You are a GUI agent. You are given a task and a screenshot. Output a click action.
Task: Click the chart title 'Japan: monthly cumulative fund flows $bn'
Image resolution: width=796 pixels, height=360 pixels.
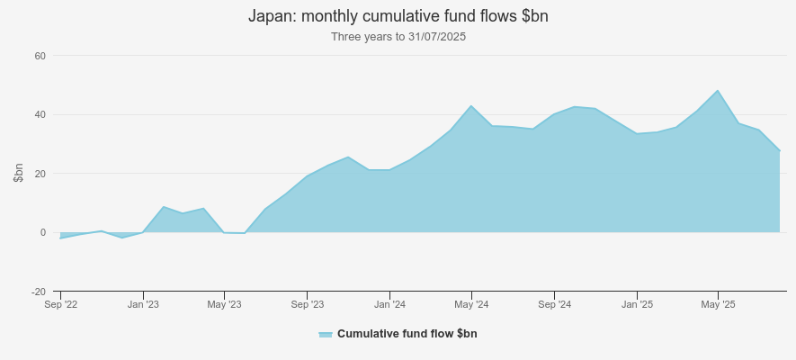coord(398,16)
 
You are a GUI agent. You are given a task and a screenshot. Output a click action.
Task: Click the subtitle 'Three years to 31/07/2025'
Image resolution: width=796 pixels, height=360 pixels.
coord(398,37)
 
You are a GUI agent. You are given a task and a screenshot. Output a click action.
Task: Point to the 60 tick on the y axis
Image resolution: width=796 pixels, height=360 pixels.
coord(40,56)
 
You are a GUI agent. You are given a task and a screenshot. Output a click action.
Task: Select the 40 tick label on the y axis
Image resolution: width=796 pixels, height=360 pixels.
coord(40,114)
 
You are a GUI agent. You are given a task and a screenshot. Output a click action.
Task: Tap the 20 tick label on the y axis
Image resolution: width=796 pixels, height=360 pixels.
coord(40,174)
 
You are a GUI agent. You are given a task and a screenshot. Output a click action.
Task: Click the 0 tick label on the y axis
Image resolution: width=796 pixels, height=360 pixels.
coord(42,232)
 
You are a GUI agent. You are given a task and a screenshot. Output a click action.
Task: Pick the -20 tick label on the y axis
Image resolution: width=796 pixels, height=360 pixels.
coord(38,292)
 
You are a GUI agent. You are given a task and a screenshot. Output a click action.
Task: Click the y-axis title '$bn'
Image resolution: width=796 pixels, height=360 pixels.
coord(18,174)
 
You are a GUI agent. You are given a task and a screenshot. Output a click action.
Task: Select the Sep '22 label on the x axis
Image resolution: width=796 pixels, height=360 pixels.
coord(61,305)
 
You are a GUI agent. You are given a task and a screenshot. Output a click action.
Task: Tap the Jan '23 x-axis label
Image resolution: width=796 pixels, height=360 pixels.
coord(143,305)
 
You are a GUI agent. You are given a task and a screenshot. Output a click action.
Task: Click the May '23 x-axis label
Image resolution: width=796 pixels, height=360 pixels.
coord(225,305)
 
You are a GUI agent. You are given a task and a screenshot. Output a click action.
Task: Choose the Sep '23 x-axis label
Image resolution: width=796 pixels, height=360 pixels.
coord(307,305)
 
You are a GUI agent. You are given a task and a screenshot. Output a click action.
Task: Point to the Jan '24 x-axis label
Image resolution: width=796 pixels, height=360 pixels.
coord(389,305)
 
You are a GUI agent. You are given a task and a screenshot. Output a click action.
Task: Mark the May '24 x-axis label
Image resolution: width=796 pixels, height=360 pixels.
coord(471,305)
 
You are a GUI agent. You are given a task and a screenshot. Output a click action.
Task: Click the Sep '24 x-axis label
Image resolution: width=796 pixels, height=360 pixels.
coord(554,305)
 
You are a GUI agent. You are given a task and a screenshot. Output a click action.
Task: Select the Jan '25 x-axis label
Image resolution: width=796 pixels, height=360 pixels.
coord(637,305)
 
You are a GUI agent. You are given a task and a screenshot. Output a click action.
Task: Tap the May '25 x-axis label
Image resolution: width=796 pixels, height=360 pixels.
coord(718,305)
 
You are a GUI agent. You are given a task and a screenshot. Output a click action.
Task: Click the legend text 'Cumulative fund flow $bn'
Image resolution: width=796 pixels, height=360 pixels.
coord(407,334)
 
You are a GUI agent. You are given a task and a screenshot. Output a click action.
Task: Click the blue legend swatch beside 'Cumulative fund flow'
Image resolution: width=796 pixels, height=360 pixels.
coord(326,334)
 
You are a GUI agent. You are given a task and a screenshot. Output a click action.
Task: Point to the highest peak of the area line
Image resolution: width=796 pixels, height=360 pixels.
coord(718,90)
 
